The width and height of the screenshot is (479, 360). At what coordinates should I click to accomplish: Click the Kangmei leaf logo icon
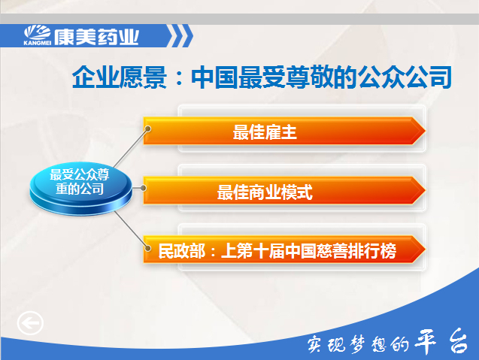(38, 32)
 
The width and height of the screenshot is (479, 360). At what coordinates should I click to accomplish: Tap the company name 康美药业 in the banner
(96, 38)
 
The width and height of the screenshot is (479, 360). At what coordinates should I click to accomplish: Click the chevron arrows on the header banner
(180, 36)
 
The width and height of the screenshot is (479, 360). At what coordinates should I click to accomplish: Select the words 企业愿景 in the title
(120, 77)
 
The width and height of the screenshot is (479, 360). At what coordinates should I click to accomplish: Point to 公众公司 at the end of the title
(405, 77)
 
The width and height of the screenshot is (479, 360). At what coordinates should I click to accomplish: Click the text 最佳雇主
(265, 132)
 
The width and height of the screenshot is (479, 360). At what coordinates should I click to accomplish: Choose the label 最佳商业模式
(265, 192)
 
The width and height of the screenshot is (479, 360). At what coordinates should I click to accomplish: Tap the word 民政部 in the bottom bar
(182, 251)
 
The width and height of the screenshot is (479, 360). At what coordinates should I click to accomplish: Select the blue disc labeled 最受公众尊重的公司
(80, 188)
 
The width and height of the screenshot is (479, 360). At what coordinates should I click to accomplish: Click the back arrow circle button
(30, 323)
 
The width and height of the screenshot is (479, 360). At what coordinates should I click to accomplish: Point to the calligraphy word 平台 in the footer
(441, 341)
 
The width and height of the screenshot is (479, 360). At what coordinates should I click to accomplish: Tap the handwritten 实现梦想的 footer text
(358, 344)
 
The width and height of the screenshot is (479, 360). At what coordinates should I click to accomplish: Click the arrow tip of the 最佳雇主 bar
(425, 131)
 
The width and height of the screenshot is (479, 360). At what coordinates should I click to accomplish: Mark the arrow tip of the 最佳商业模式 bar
(425, 190)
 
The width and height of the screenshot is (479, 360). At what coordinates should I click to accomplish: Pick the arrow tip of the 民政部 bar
(425, 250)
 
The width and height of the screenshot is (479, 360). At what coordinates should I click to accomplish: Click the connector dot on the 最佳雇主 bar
(148, 129)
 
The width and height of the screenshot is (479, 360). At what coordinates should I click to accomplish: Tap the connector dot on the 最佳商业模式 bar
(143, 188)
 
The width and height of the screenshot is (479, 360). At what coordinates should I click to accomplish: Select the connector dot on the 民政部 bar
(148, 248)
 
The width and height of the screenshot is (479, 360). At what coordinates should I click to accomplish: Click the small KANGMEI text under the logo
(38, 43)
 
